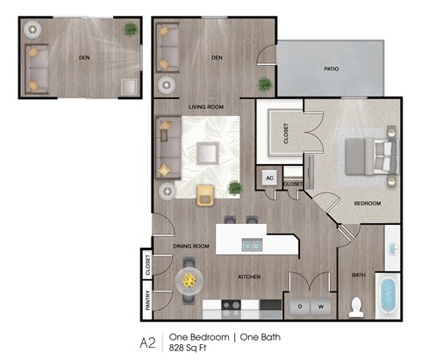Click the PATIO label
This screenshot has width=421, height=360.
(x=331, y=68)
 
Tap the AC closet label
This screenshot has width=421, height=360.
(x=269, y=178)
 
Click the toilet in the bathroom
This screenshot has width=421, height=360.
(x=356, y=306)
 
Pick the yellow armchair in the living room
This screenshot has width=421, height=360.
(x=205, y=195)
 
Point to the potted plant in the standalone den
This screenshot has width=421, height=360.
(x=131, y=31)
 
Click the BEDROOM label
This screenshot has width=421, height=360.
(x=367, y=203)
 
